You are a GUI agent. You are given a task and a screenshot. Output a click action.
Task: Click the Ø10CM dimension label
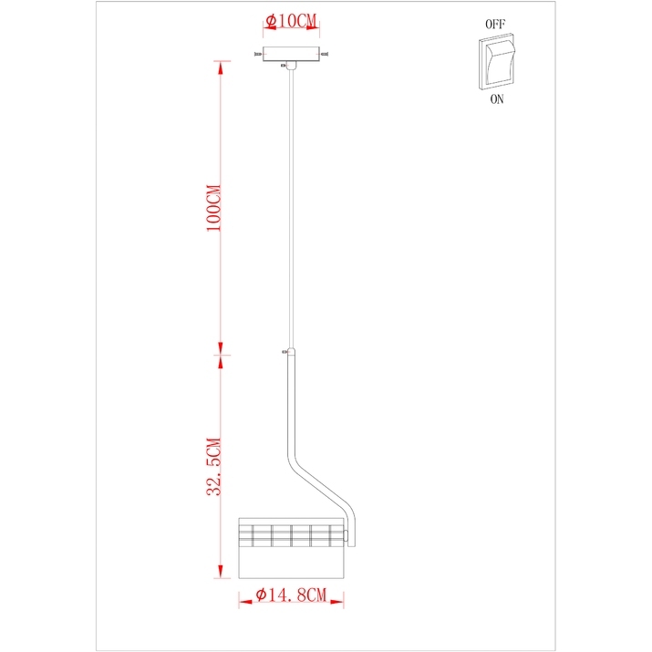pos(291,21)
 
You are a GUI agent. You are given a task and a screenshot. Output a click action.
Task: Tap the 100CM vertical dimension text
pos(214,208)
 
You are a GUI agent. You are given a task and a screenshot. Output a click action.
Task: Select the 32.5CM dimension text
pos(214,467)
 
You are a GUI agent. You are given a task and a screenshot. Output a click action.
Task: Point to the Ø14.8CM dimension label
pos(291,595)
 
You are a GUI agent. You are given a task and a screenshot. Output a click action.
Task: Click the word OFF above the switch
pos(495,24)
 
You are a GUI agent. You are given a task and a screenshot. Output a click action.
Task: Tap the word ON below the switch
pos(497,99)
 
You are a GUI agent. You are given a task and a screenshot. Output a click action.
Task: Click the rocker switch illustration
pos(497,61)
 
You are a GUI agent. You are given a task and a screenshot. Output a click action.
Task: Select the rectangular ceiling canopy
pos(291,54)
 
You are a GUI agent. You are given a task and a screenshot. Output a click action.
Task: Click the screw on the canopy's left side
pos(258,54)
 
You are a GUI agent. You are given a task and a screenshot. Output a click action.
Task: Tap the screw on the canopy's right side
pos(325,54)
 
